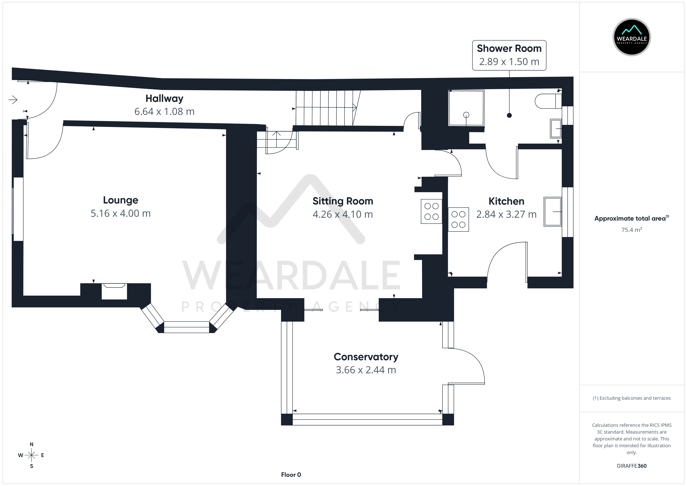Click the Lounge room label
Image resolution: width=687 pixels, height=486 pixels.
pos(121,200)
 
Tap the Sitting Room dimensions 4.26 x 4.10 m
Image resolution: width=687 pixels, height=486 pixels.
pos(343,214)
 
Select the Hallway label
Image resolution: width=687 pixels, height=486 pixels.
pos(164,99)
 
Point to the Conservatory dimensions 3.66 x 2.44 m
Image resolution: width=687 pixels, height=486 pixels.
pos(366,370)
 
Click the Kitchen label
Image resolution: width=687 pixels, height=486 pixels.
pos(506,201)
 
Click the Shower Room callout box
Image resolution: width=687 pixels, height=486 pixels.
pos(509,55)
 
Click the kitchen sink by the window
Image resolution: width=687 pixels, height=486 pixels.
pos(553,212)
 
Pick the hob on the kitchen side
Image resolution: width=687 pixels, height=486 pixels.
pos(458,219)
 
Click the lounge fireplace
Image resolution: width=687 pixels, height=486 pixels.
pos(114,291)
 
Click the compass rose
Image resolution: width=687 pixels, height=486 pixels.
pos(31,455)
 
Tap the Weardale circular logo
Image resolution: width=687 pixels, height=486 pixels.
pos(632,37)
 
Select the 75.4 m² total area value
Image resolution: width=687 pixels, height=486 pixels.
pos(632,230)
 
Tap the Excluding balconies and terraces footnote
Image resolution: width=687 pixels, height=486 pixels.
pos(632,398)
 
